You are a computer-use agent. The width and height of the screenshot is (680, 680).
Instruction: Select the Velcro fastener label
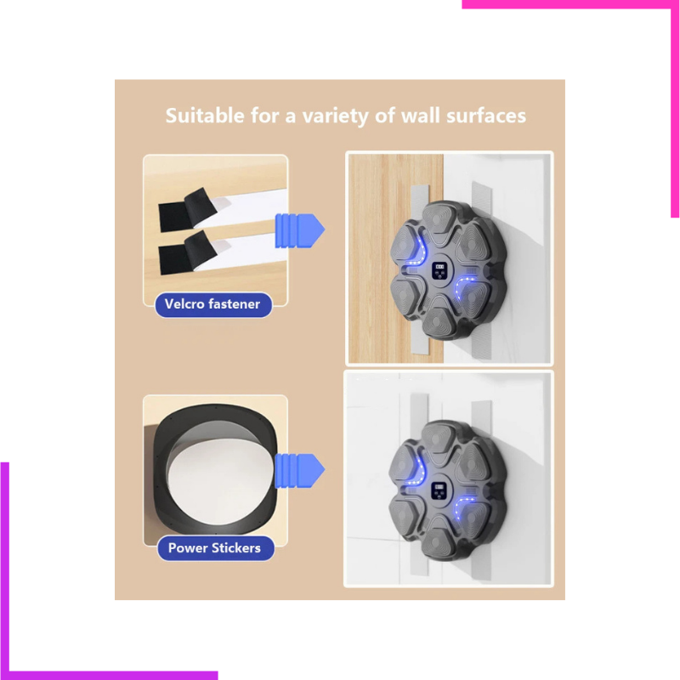coord(213,304)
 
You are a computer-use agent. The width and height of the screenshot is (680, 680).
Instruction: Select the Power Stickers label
coord(215,548)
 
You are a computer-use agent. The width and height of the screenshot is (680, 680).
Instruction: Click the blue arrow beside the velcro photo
coord(300,230)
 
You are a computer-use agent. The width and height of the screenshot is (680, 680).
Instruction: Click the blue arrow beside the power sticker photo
coord(300,471)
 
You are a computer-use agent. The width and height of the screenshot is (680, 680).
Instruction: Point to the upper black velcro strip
coord(187,209)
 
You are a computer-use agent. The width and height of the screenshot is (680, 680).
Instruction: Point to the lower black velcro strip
coord(187,252)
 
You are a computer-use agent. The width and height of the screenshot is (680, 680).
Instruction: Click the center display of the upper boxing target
coord(439,270)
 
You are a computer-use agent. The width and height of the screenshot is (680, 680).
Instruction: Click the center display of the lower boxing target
coord(439,492)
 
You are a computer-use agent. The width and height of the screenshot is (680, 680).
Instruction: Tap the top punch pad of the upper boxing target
coord(439,219)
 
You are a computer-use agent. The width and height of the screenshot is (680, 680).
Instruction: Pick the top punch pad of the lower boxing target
coord(439,439)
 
